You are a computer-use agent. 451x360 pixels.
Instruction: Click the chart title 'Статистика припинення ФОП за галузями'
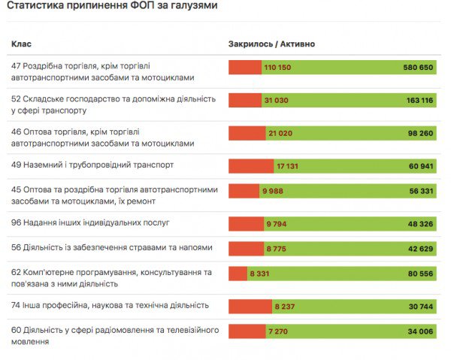click(x=113, y=8)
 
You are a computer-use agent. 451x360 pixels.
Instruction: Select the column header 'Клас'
click(x=22, y=44)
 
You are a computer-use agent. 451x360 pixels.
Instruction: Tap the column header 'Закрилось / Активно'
click(x=271, y=44)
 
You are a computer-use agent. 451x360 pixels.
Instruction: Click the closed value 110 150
click(x=277, y=68)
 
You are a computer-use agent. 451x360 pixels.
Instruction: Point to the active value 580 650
click(x=418, y=68)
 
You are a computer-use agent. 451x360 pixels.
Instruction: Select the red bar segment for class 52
click(x=244, y=100)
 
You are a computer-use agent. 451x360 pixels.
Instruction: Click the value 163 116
click(x=419, y=100)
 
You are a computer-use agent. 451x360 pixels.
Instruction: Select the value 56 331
click(x=420, y=192)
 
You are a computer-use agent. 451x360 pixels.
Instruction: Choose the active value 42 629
click(x=420, y=248)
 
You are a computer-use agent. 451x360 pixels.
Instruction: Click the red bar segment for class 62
click(x=237, y=276)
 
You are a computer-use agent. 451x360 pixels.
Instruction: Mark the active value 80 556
click(x=420, y=276)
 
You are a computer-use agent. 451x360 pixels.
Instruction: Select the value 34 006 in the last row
click(x=420, y=331)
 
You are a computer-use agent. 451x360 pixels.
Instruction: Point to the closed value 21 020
click(x=280, y=133)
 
